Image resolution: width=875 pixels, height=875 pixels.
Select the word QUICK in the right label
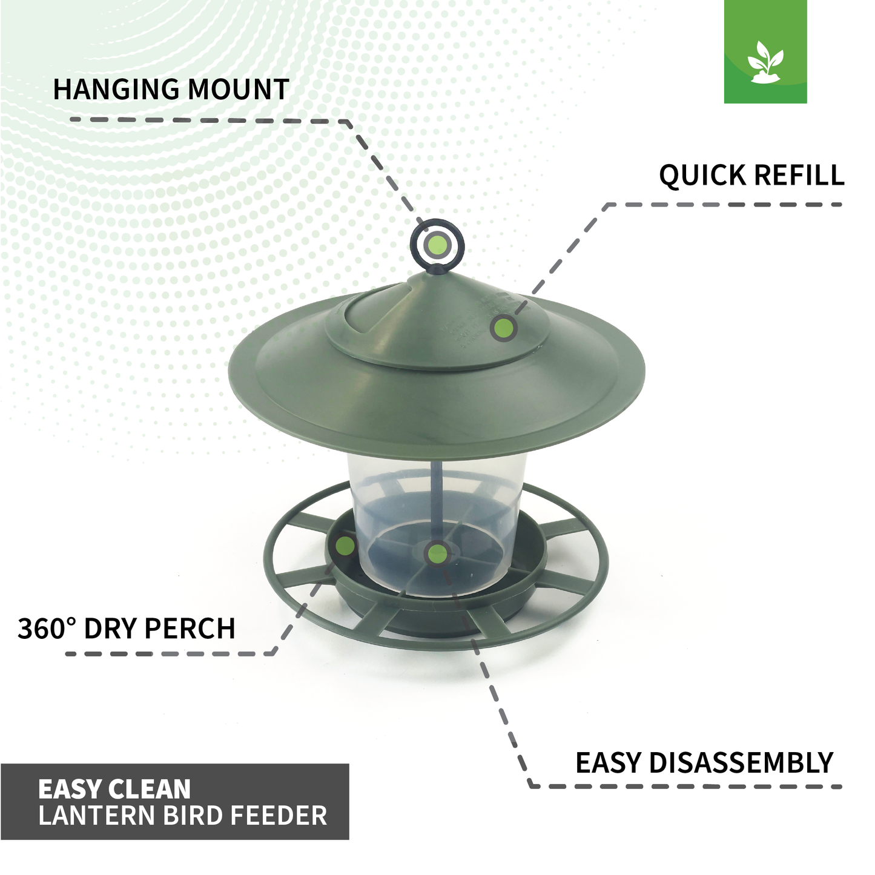(702, 176)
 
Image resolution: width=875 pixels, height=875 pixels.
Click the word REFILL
(799, 176)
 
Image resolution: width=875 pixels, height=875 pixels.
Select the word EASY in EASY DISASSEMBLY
(608, 762)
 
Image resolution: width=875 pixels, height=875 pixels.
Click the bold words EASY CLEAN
(114, 789)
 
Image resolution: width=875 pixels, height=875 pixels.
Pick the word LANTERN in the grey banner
(96, 816)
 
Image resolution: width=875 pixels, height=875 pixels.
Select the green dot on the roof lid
(503, 328)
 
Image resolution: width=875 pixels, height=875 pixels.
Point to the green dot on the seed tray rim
(345, 545)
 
